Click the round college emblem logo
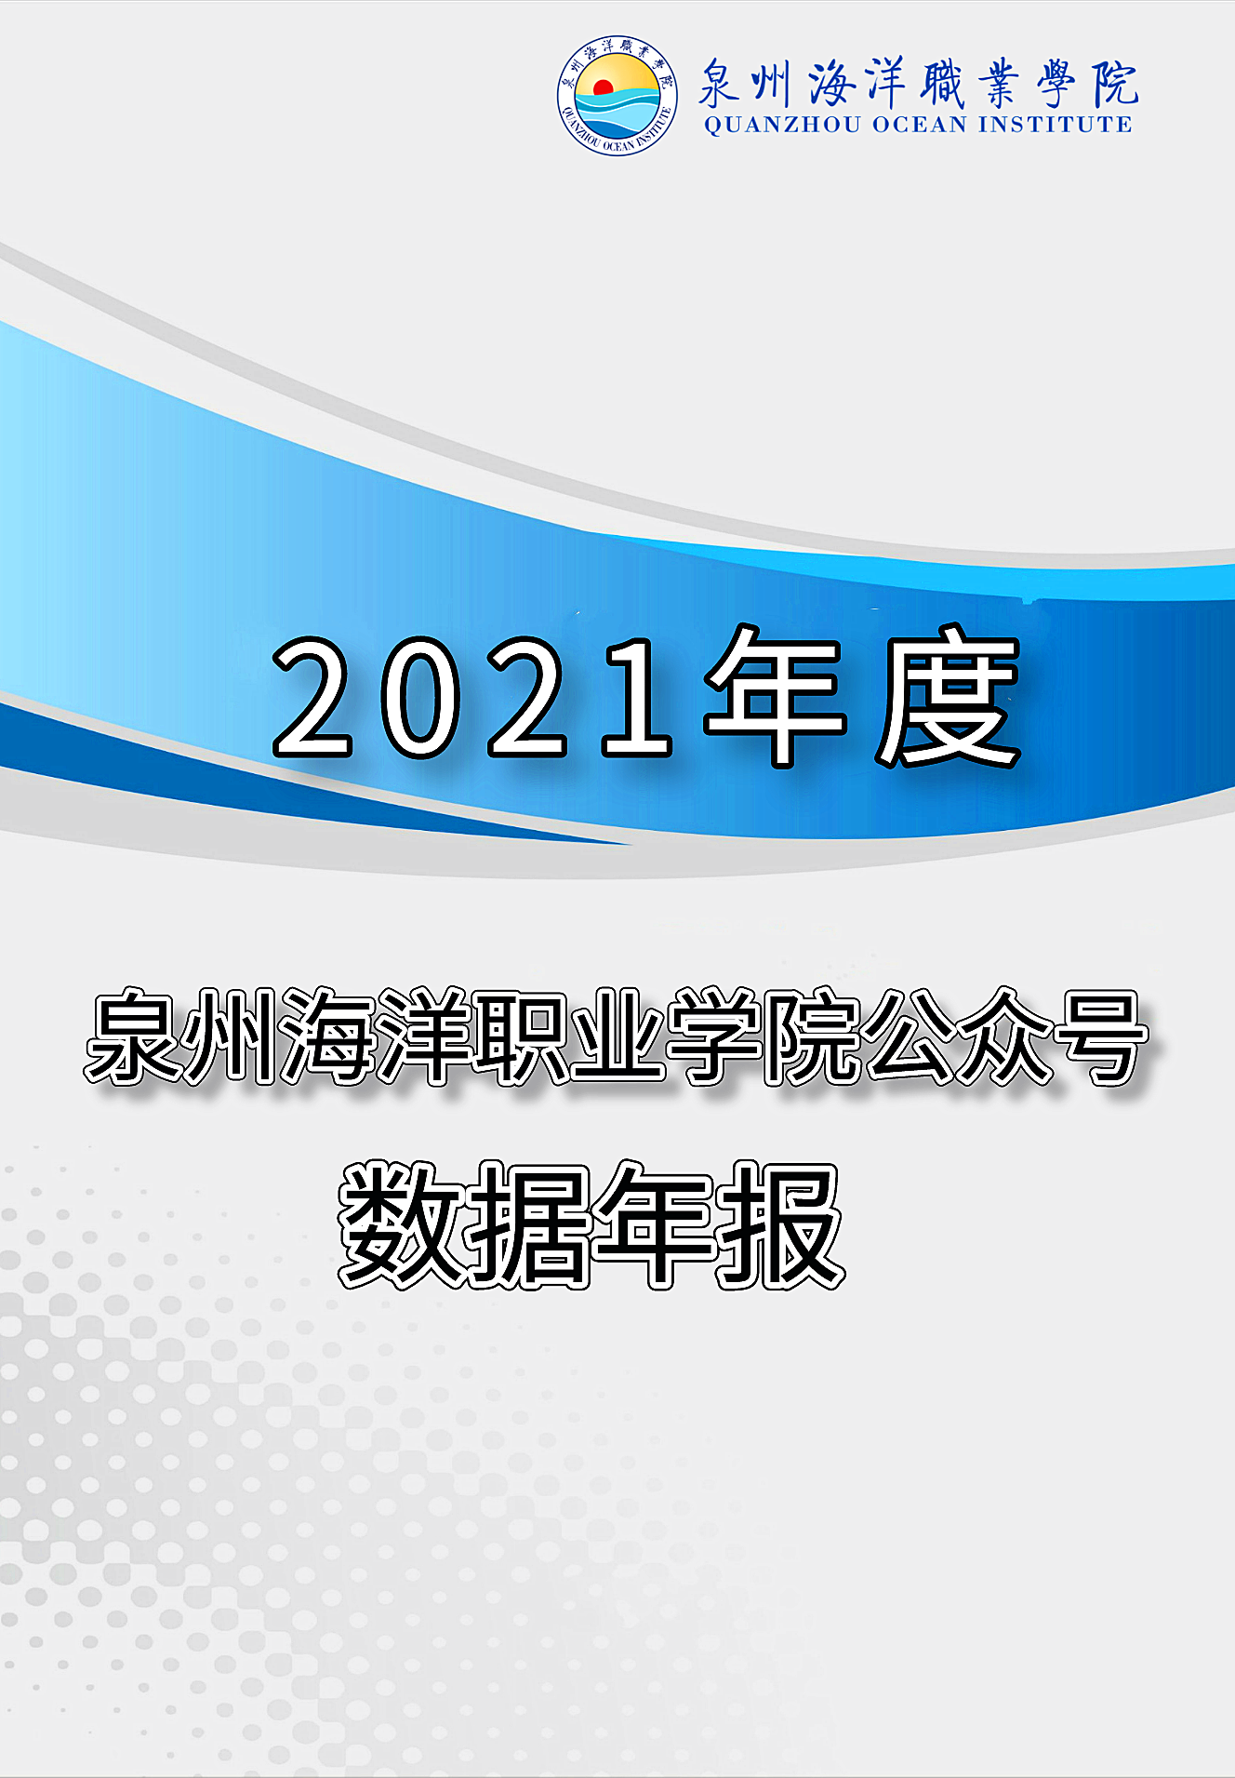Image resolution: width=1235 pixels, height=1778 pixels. (617, 96)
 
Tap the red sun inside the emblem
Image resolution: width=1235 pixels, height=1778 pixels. (603, 87)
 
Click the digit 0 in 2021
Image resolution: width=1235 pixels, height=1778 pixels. (419, 696)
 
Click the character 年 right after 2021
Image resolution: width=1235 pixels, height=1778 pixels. (776, 696)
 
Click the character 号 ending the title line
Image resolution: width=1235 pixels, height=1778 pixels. (1101, 1036)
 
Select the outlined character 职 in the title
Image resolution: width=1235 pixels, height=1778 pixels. (519, 1036)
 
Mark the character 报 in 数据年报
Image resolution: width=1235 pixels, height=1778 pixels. (781, 1224)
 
